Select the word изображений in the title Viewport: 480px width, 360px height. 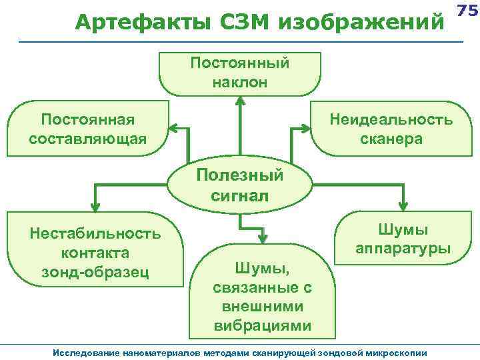[364, 23]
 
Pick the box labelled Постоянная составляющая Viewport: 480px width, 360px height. [87, 129]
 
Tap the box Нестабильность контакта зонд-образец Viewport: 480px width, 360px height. [95, 252]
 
